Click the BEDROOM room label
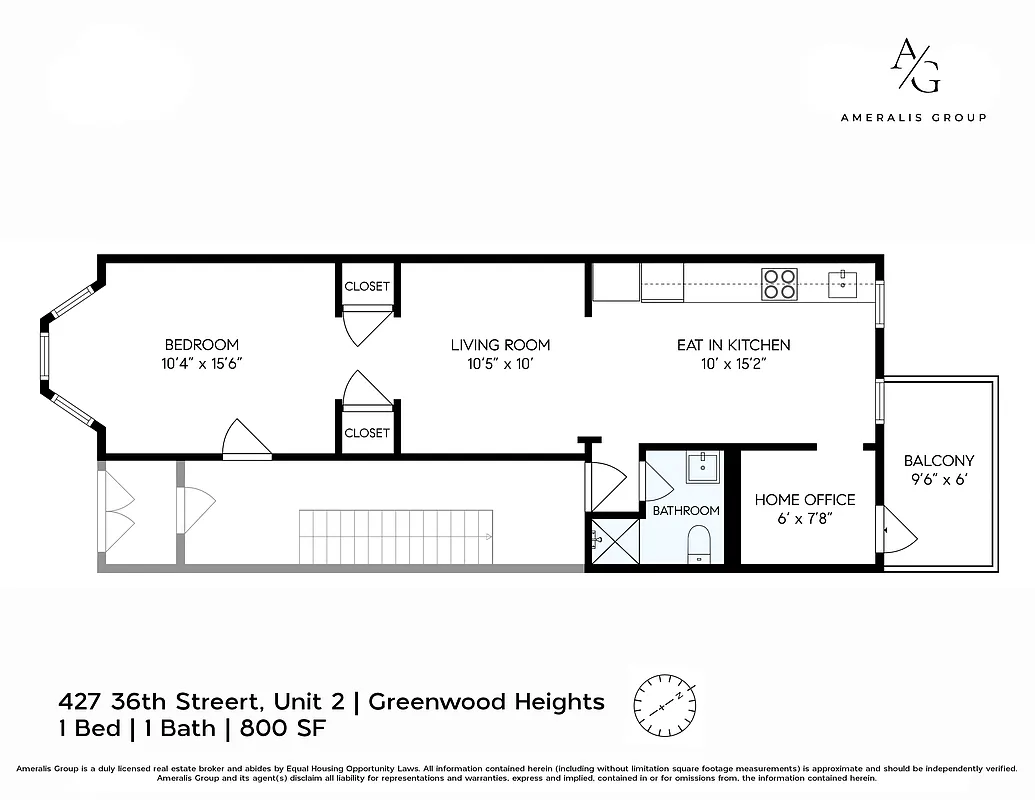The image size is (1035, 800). [x=201, y=345]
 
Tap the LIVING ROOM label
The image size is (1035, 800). [x=500, y=345]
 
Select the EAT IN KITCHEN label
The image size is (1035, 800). [x=733, y=345]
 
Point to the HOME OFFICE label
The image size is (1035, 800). [x=804, y=499]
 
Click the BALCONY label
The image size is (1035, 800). [x=938, y=461]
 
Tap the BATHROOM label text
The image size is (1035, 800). [x=686, y=510]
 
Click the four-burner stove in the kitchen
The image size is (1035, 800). [x=780, y=285]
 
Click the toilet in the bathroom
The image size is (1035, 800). [x=699, y=544]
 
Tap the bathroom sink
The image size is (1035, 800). [x=703, y=467]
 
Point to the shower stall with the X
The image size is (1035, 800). [x=613, y=541]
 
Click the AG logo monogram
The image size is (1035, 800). [x=913, y=67]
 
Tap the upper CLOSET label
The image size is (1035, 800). [x=367, y=286]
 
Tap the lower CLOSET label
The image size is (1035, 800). [x=367, y=433]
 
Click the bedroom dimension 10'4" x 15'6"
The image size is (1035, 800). [x=201, y=364]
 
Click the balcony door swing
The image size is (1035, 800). [x=897, y=530]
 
